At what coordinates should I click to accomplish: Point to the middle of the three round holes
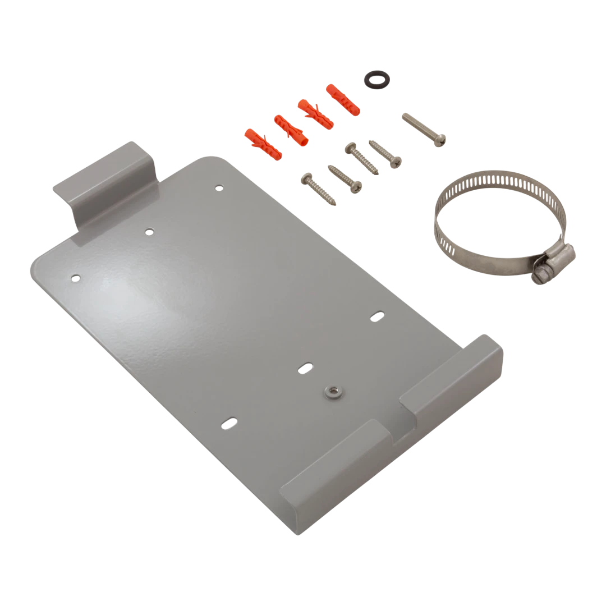tap(149, 231)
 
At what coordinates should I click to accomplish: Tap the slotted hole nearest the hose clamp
tap(377, 316)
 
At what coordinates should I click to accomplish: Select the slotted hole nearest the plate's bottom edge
tap(228, 421)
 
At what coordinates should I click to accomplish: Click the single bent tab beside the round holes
tap(107, 180)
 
